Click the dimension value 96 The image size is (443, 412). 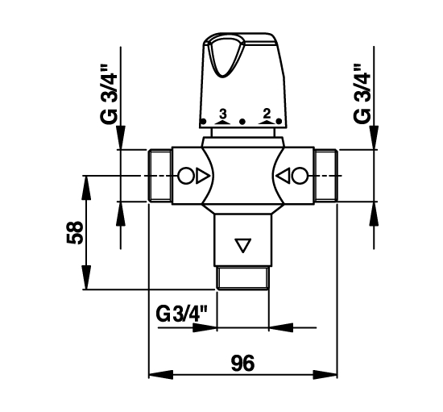pos(242,363)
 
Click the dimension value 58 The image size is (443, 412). pos(75,232)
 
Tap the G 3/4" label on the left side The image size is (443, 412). pos(109,94)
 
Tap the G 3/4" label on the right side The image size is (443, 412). pos(362,93)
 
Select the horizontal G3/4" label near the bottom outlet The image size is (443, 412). pos(182,314)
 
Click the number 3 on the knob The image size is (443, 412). pos(223,114)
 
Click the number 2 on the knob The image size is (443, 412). pos(267,114)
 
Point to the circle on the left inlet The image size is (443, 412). pos(186,176)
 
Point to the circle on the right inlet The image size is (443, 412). pos(300,176)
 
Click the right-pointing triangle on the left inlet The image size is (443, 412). pos(202,176)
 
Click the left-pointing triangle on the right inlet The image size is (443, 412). pos(283,176)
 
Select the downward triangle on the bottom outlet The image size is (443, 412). pos(242,245)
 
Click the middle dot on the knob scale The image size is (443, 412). pos(242,122)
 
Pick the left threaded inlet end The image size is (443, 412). pos(160,175)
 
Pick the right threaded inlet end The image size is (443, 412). pos(325,175)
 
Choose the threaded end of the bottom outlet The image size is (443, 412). pos(242,278)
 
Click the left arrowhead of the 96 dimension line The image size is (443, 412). pos(160,375)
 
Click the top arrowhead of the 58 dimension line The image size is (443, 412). pos(86,188)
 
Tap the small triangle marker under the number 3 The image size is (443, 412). pos(222,122)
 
